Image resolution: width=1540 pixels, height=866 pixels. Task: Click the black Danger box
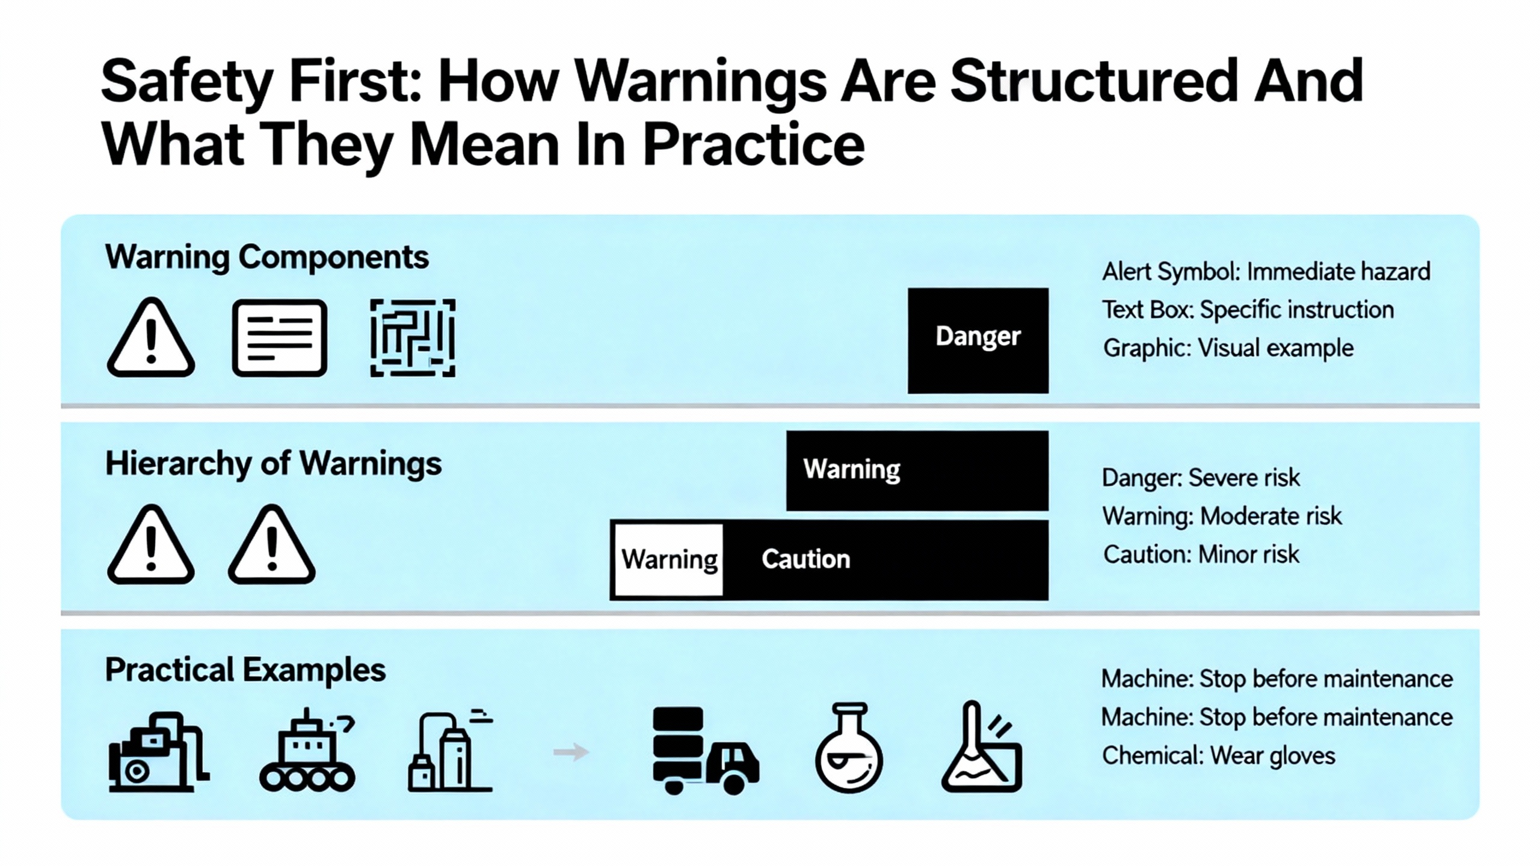(978, 340)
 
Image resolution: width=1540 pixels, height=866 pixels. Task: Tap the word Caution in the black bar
(806, 559)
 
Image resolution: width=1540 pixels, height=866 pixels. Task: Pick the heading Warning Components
(267, 258)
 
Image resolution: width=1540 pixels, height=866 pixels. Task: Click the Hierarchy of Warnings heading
(274, 464)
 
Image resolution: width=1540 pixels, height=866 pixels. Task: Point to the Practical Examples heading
(245, 670)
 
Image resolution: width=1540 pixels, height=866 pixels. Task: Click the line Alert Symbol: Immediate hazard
(1266, 272)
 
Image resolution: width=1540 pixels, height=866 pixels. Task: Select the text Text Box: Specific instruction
(1248, 310)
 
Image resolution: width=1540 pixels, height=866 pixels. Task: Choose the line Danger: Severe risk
(1201, 478)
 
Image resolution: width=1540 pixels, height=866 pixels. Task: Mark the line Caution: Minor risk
(1201, 554)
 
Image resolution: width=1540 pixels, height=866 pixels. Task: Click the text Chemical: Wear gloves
(1219, 756)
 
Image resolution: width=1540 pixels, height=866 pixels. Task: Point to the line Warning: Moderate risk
(1222, 517)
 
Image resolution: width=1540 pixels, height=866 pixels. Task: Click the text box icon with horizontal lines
(280, 338)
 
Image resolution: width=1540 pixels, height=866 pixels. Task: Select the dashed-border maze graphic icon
(413, 338)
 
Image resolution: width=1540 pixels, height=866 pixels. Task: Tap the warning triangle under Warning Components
(151, 338)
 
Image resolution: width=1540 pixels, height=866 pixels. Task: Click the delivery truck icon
(706, 751)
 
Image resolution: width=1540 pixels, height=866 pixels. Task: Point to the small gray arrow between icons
(571, 752)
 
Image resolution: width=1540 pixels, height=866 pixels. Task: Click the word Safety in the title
(186, 82)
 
